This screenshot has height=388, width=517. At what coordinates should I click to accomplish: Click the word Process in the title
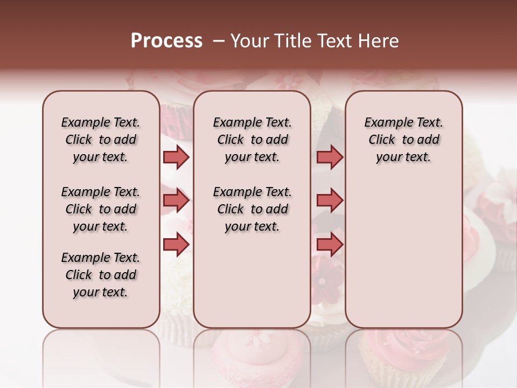click(166, 41)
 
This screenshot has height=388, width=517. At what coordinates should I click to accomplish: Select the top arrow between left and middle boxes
click(176, 157)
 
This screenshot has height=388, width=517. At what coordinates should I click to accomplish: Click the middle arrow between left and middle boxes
click(176, 200)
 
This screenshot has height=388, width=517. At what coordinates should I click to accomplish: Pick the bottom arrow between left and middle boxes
click(176, 245)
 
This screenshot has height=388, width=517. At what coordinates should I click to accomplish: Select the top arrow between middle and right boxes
click(330, 157)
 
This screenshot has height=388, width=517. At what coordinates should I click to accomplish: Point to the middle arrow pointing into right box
click(330, 200)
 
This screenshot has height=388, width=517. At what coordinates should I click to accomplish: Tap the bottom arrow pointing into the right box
click(330, 245)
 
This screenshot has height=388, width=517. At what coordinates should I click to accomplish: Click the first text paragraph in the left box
click(101, 140)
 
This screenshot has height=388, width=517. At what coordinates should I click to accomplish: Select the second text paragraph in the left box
click(101, 209)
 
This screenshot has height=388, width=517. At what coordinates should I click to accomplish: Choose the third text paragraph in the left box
click(101, 275)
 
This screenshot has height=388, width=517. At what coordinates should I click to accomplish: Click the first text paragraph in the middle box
click(252, 140)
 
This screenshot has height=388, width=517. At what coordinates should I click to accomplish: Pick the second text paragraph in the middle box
click(252, 209)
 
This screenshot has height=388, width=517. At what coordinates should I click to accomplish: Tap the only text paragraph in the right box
click(403, 140)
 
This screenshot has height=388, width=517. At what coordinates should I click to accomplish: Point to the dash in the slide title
click(218, 41)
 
